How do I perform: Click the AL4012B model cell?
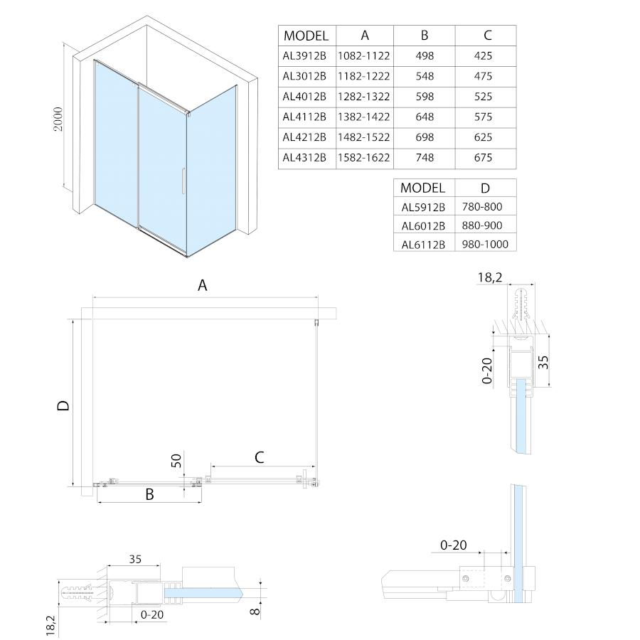click(304, 96)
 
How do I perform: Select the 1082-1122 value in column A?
click(365, 55)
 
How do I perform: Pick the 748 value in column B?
click(424, 158)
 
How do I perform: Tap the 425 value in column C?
click(486, 55)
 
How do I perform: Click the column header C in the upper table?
click(486, 36)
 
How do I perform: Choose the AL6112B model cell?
click(422, 245)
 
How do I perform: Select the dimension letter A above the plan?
click(203, 286)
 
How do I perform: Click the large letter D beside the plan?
click(63, 406)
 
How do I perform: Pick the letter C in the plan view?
click(260, 457)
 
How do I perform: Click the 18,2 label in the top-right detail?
click(490, 277)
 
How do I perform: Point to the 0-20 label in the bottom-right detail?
click(454, 545)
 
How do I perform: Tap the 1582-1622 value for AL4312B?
click(365, 158)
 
